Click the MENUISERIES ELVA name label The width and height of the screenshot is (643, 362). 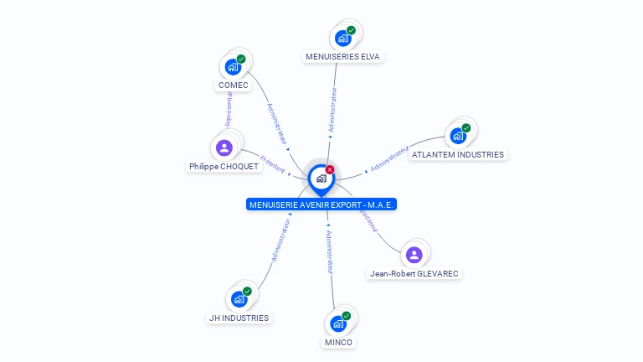[342, 57]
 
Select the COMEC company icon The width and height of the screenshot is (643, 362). [233, 67]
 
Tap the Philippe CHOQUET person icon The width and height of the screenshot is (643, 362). [224, 148]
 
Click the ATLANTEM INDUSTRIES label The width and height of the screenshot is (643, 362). [458, 154]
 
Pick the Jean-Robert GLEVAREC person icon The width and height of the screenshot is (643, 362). [414, 255]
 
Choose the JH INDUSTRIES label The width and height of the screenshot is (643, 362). [239, 318]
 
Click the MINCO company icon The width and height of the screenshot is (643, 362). [338, 323]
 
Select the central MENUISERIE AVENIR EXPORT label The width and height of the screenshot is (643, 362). [321, 204]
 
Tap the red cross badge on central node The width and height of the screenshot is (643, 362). [330, 169]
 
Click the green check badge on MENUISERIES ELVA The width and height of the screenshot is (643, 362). [351, 30]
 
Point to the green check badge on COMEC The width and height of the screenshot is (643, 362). [241, 59]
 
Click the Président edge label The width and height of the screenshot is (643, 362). [273, 162]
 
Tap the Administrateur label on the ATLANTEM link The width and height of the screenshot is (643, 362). [389, 159]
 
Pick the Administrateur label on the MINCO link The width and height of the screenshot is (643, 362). [330, 252]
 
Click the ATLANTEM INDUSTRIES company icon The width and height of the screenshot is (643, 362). [457, 136]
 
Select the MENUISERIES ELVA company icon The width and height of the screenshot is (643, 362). [342, 39]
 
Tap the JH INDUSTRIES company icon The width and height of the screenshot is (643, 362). [239, 299]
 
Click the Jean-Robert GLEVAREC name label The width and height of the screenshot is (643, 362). [415, 273]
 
